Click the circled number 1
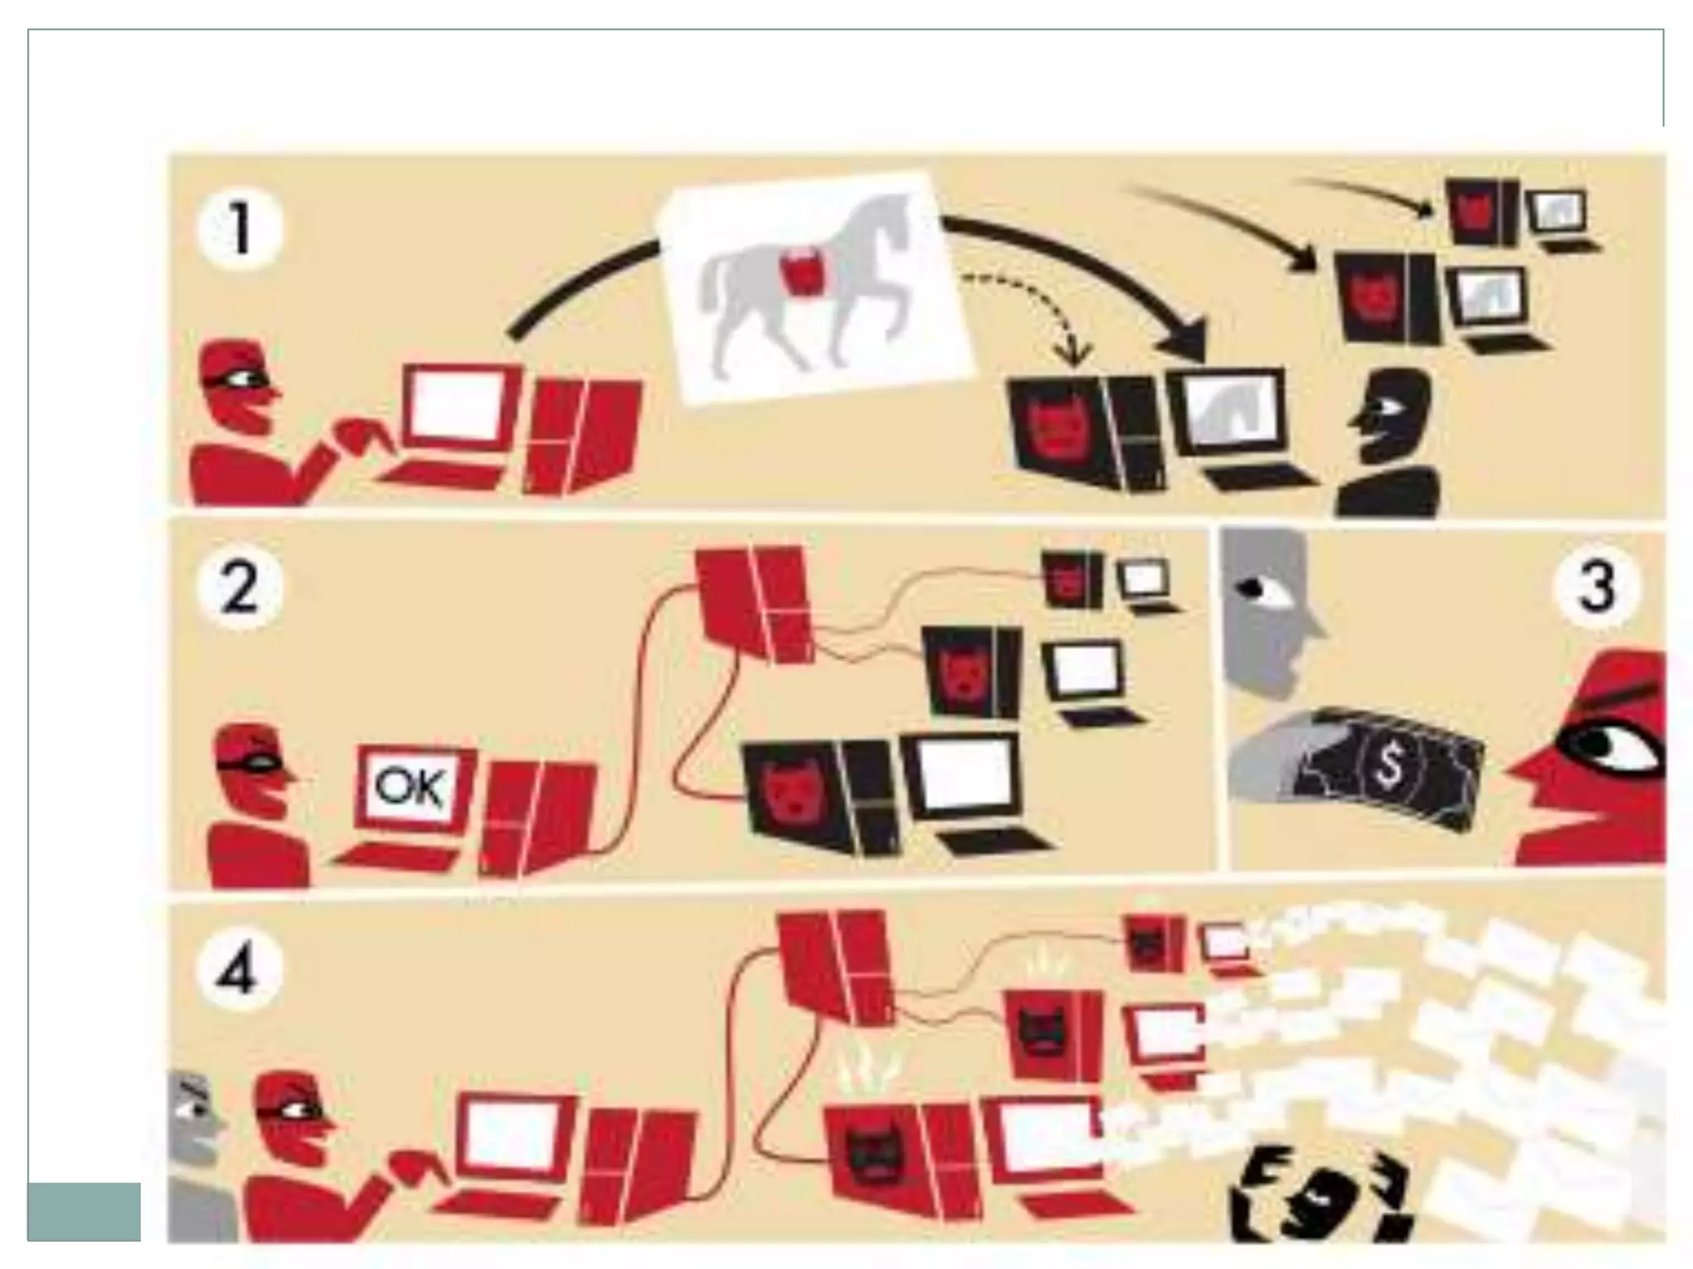[x=240, y=228]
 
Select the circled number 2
[x=240, y=588]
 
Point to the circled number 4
[x=238, y=970]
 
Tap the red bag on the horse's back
[x=801, y=275]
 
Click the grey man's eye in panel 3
[x=1254, y=589]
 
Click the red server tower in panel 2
[x=752, y=603]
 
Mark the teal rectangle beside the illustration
[x=83, y=1211]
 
